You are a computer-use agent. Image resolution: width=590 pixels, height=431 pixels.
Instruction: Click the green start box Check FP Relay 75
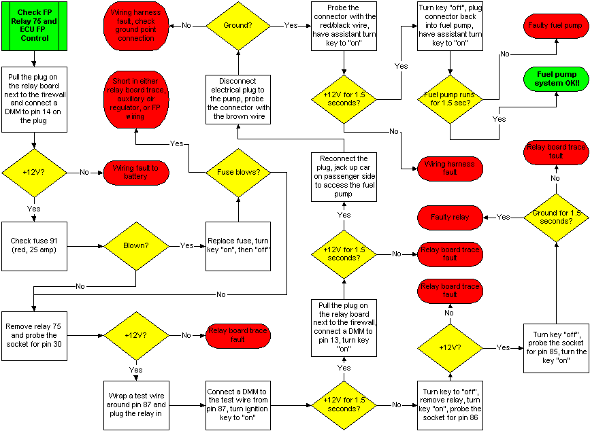34,27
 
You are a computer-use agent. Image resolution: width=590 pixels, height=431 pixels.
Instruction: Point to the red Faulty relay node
450,218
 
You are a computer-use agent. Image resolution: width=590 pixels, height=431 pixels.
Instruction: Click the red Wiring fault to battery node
135,173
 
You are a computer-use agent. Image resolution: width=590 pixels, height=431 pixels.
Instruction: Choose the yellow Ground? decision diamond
237,26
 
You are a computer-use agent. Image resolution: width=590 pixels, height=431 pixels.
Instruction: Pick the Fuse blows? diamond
237,173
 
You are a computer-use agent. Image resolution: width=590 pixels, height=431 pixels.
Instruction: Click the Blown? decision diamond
136,245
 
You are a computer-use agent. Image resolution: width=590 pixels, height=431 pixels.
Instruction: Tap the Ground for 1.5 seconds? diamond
556,217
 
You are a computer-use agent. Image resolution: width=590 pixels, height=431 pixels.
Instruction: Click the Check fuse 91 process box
34,245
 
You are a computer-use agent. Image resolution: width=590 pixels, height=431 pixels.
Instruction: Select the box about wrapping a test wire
136,404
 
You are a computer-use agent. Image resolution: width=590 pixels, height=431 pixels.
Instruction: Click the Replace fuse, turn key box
238,245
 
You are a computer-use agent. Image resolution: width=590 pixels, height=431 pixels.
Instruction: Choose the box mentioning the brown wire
238,99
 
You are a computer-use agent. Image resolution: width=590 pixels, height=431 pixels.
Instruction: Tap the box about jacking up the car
344,177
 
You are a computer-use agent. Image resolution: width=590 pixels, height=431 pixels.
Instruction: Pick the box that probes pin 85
556,348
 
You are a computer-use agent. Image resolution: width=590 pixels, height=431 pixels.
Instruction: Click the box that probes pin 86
450,404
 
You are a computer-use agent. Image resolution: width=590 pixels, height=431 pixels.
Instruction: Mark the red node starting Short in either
135,99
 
